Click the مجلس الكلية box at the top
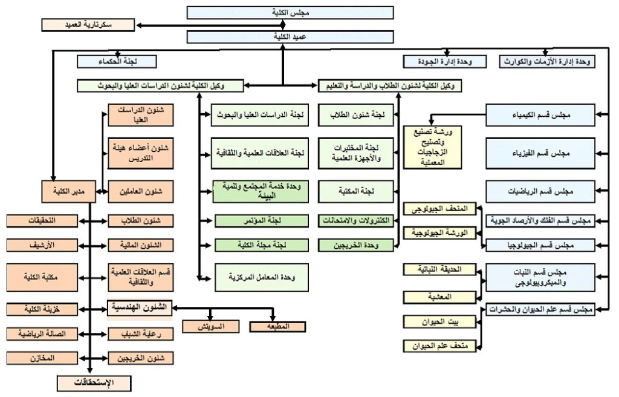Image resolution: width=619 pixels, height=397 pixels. click(x=290, y=13)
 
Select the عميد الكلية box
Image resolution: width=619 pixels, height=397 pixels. click(x=290, y=38)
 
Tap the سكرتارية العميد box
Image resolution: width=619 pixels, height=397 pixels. click(x=88, y=25)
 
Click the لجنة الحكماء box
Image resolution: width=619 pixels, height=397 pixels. click(x=117, y=61)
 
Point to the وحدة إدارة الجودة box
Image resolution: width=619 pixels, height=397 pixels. click(x=446, y=61)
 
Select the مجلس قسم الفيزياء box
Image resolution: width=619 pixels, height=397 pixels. click(x=540, y=153)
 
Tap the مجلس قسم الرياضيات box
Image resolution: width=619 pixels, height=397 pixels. click(x=540, y=191)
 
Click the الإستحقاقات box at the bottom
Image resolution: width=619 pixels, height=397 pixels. click(x=94, y=383)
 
